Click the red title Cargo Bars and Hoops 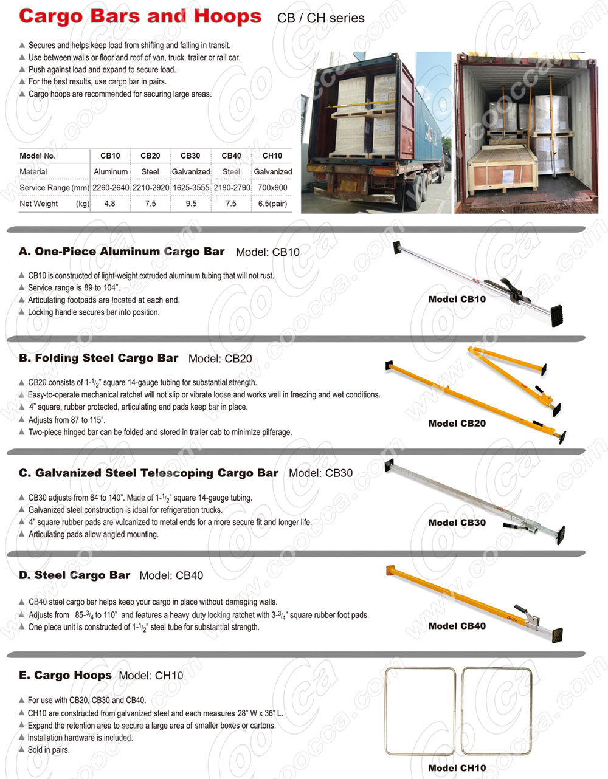pyautogui.click(x=140, y=16)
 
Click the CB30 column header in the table pyautogui.click(x=190, y=156)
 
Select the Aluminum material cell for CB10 pyautogui.click(x=111, y=172)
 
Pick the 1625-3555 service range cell pyautogui.click(x=191, y=188)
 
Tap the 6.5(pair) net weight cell pyautogui.click(x=272, y=204)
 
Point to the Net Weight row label pyautogui.click(x=39, y=204)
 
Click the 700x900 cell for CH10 pyautogui.click(x=272, y=188)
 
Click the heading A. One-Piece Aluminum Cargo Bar pyautogui.click(x=122, y=252)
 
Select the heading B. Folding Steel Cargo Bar pyautogui.click(x=98, y=358)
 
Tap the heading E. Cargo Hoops pyautogui.click(x=65, y=675)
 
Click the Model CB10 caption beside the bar pyautogui.click(x=457, y=299)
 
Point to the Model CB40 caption pyautogui.click(x=457, y=626)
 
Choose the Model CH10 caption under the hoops pyautogui.click(x=457, y=768)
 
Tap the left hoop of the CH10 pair pyautogui.click(x=421, y=711)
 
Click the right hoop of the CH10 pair pyautogui.click(x=497, y=711)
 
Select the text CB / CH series pyautogui.click(x=320, y=18)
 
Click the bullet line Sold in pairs pyautogui.click(x=49, y=750)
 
